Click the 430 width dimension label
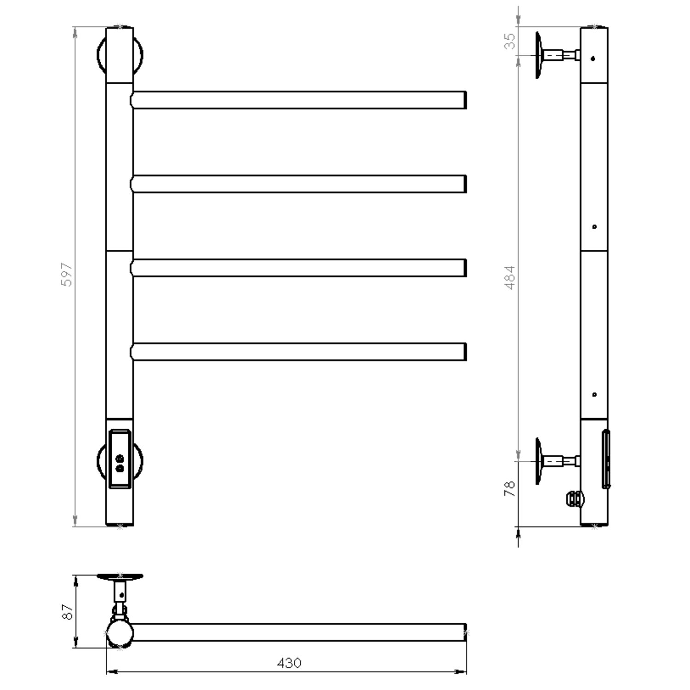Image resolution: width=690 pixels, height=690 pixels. point(289,663)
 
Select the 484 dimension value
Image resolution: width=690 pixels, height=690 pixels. point(510,277)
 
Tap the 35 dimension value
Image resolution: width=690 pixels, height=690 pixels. point(510,41)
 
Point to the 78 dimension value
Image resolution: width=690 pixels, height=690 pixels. point(510,489)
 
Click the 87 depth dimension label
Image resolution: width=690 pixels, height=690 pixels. point(68,612)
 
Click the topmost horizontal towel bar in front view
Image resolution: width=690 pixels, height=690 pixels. point(299,100)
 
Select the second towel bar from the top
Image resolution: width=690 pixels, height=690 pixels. point(299,184)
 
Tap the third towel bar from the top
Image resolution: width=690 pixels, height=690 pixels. point(299,268)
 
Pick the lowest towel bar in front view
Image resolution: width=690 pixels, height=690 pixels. point(299,352)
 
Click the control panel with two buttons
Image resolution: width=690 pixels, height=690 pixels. point(120,459)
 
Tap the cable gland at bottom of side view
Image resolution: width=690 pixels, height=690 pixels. point(573,499)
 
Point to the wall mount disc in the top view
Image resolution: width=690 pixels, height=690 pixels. point(120,576)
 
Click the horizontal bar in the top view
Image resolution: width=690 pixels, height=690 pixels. point(299,632)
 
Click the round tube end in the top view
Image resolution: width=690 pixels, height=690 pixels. point(120,633)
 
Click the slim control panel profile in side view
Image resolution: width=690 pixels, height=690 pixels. point(606,459)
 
